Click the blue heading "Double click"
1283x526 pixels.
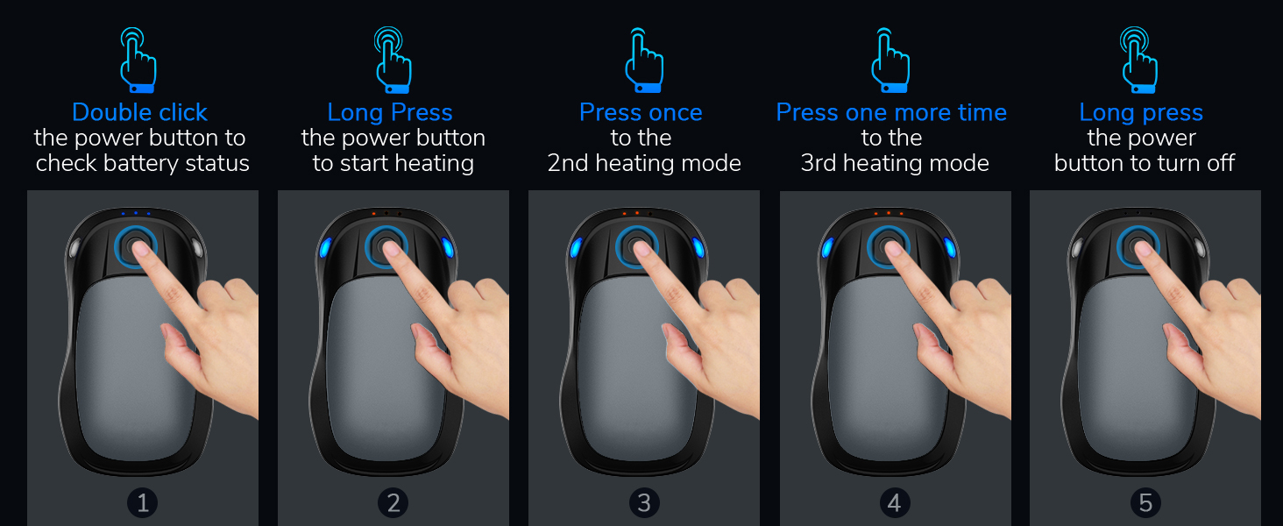click(139, 112)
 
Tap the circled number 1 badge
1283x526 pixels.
click(143, 502)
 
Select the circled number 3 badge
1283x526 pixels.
click(644, 502)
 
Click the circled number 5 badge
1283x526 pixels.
click(1145, 502)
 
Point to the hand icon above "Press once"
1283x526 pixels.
click(642, 60)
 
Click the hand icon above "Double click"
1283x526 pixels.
click(138, 60)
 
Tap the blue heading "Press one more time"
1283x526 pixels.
click(891, 112)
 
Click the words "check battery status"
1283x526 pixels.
click(143, 163)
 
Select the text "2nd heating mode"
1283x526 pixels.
click(644, 163)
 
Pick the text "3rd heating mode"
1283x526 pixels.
click(895, 163)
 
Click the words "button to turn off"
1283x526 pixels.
click(1145, 163)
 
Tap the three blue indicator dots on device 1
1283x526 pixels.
click(136, 213)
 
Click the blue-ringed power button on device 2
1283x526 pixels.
click(386, 245)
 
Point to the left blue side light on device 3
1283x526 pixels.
click(576, 248)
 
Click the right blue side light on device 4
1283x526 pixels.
click(950, 248)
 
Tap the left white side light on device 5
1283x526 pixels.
click(1077, 248)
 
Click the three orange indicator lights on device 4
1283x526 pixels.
click(888, 213)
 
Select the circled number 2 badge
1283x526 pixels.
click(393, 502)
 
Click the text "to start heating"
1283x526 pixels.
click(393, 163)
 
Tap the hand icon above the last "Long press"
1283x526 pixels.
click(1139, 60)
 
